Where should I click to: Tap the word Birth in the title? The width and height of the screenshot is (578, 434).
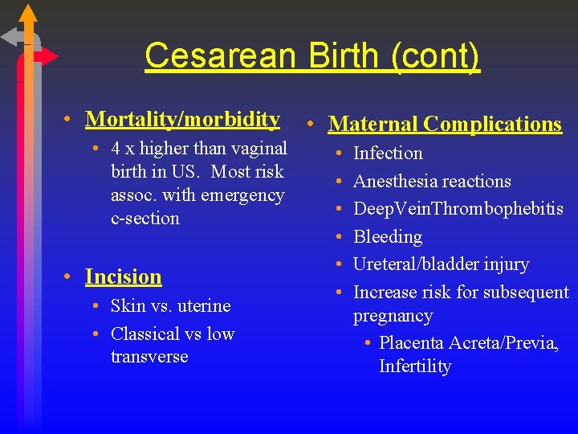(x=332, y=56)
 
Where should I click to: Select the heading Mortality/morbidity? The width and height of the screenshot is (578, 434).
(x=182, y=120)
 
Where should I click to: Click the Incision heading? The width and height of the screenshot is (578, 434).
(x=124, y=277)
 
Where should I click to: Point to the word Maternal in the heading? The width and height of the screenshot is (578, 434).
(x=372, y=125)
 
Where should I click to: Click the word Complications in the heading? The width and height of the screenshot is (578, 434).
(x=493, y=125)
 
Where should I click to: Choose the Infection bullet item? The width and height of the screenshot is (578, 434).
(x=388, y=154)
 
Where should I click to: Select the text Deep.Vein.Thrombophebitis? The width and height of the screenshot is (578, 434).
(x=458, y=209)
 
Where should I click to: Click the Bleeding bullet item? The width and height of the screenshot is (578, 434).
(x=388, y=237)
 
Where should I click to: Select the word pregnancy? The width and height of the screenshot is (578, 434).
(x=393, y=316)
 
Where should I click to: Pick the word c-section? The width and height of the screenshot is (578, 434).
(x=145, y=219)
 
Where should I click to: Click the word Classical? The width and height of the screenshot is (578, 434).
(x=145, y=334)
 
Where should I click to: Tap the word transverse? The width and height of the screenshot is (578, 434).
(x=149, y=357)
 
